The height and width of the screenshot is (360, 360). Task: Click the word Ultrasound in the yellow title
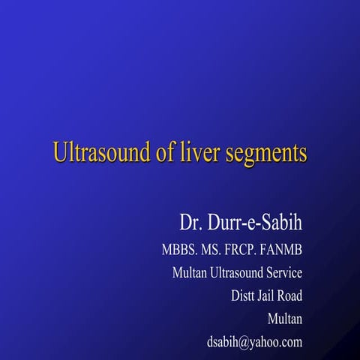coord(100,153)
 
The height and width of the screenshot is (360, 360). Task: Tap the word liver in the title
coord(197,153)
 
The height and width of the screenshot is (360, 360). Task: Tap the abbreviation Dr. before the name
coord(188,223)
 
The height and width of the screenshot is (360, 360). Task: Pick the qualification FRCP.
coord(244,250)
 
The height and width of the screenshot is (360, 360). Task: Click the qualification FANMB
coord(283,250)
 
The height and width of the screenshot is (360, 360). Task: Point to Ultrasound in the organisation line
coord(236,272)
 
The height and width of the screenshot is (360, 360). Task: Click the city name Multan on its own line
coord(285,319)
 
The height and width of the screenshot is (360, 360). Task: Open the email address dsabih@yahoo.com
coord(254,342)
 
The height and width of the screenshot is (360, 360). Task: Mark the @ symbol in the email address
coord(244,342)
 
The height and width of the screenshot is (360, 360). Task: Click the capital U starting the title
coord(60,153)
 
